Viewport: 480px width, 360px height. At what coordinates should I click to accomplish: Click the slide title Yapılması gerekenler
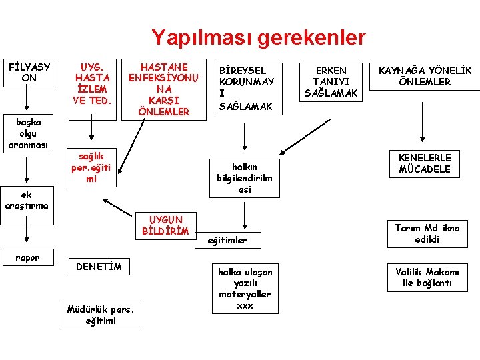pyautogui.click(x=258, y=37)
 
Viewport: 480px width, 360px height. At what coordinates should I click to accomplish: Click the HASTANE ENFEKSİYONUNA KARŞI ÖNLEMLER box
pyautogui.click(x=164, y=89)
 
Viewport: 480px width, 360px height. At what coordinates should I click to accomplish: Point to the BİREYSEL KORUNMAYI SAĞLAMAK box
pyautogui.click(x=247, y=88)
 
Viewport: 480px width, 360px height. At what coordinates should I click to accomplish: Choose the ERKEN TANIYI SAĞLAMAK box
pyautogui.click(x=331, y=82)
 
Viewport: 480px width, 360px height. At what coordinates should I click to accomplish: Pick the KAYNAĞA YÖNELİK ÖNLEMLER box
pyautogui.click(x=425, y=76)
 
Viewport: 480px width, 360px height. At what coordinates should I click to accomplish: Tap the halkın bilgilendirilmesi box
pyautogui.click(x=245, y=178)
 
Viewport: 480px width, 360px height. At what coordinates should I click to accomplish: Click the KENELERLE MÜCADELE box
pyautogui.click(x=425, y=163)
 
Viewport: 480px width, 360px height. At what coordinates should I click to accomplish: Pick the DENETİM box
pyautogui.click(x=99, y=267)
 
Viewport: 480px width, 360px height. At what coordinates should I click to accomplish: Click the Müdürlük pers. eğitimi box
pyautogui.click(x=101, y=315)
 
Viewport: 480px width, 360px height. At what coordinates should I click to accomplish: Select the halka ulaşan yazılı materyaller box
pyautogui.click(x=245, y=289)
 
